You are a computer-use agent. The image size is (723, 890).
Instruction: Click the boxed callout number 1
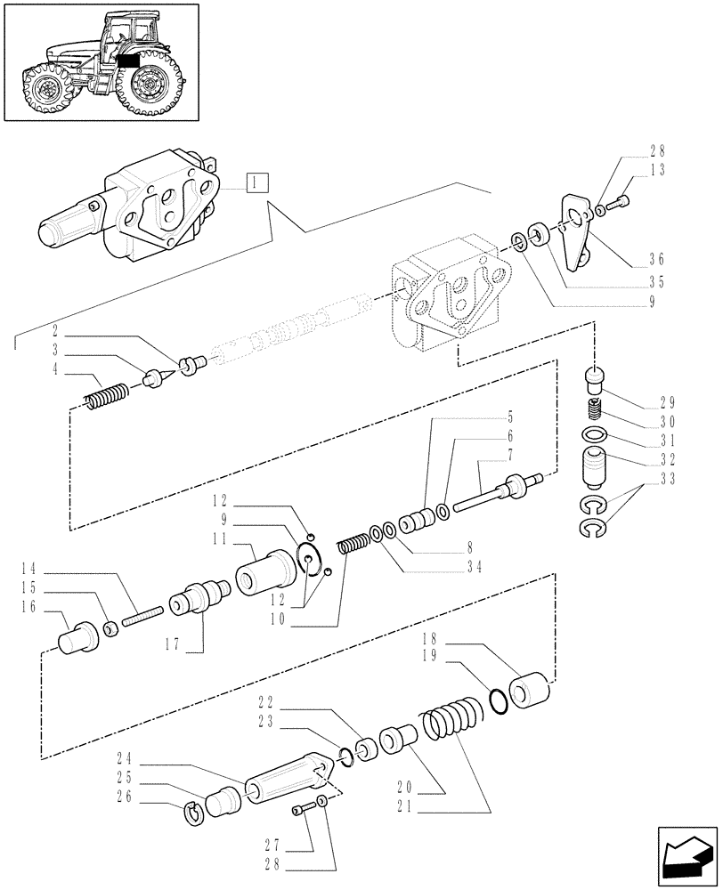tap(256, 183)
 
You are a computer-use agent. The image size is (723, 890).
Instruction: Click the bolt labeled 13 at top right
tap(621, 206)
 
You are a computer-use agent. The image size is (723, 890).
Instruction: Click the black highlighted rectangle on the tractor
tap(127, 61)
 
